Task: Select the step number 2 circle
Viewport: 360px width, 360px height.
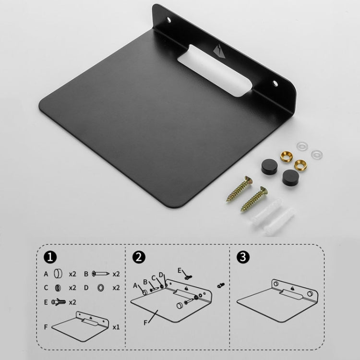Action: pyautogui.click(x=139, y=257)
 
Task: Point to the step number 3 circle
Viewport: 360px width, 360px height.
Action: pyautogui.click(x=244, y=257)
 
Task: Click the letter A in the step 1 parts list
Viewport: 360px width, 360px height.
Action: pyautogui.click(x=46, y=274)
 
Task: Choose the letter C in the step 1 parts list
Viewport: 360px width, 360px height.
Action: pyautogui.click(x=46, y=288)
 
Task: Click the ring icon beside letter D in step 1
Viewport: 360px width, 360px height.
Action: pyautogui.click(x=101, y=288)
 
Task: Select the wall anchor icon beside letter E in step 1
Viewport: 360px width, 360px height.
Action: pyautogui.click(x=58, y=302)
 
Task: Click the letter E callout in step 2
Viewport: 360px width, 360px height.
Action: pyautogui.click(x=180, y=270)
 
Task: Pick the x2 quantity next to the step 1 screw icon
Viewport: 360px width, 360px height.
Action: pyautogui.click(x=116, y=274)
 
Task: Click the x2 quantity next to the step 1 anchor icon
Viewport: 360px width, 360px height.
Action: pyautogui.click(x=72, y=302)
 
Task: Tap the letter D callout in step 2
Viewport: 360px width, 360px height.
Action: pyautogui.click(x=161, y=275)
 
